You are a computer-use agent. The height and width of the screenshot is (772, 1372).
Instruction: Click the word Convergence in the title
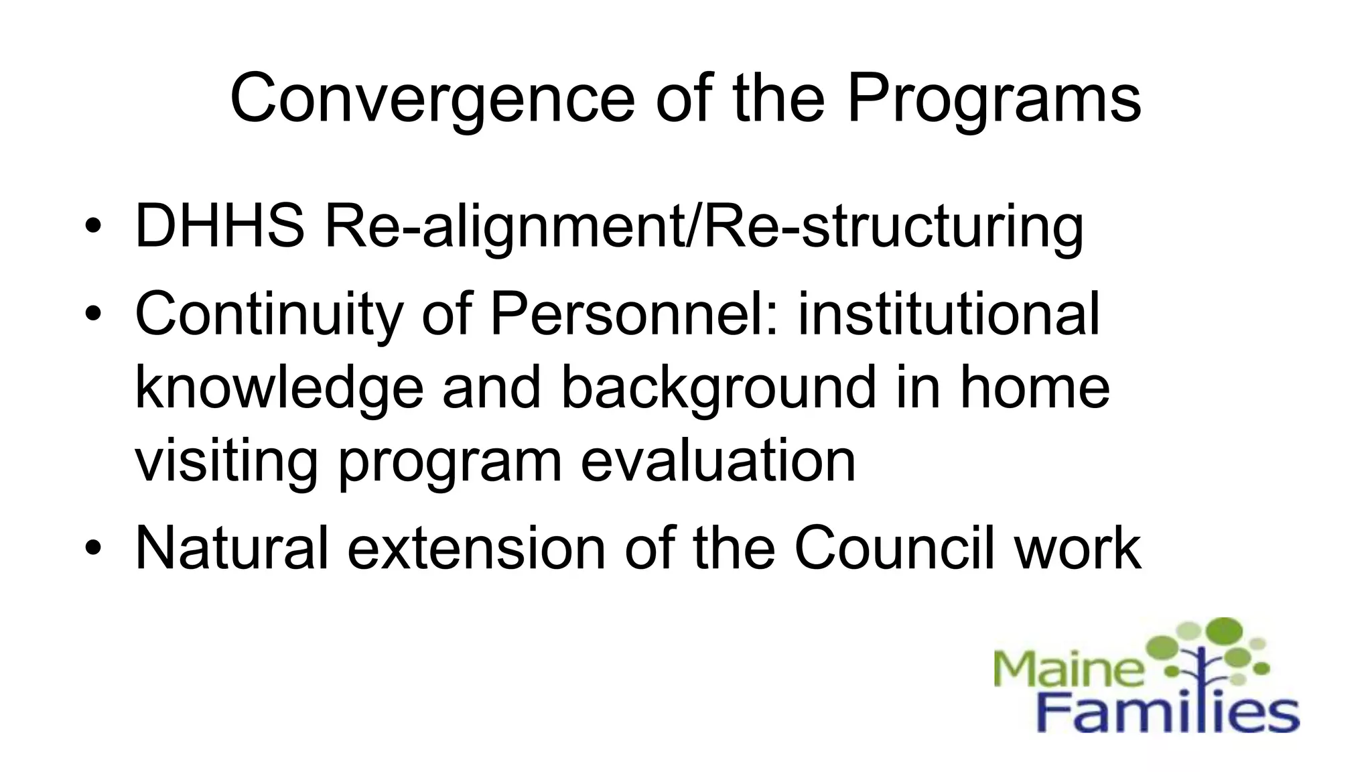(x=432, y=99)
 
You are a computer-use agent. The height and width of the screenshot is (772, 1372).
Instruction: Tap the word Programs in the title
(x=993, y=99)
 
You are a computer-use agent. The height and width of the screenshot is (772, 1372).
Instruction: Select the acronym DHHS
(x=220, y=226)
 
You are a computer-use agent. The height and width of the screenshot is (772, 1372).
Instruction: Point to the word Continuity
(x=269, y=315)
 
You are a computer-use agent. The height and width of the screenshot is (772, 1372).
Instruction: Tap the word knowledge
(x=279, y=389)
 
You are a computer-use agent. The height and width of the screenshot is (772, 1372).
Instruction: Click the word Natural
(x=232, y=548)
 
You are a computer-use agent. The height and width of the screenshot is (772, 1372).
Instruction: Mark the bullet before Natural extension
(x=93, y=548)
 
